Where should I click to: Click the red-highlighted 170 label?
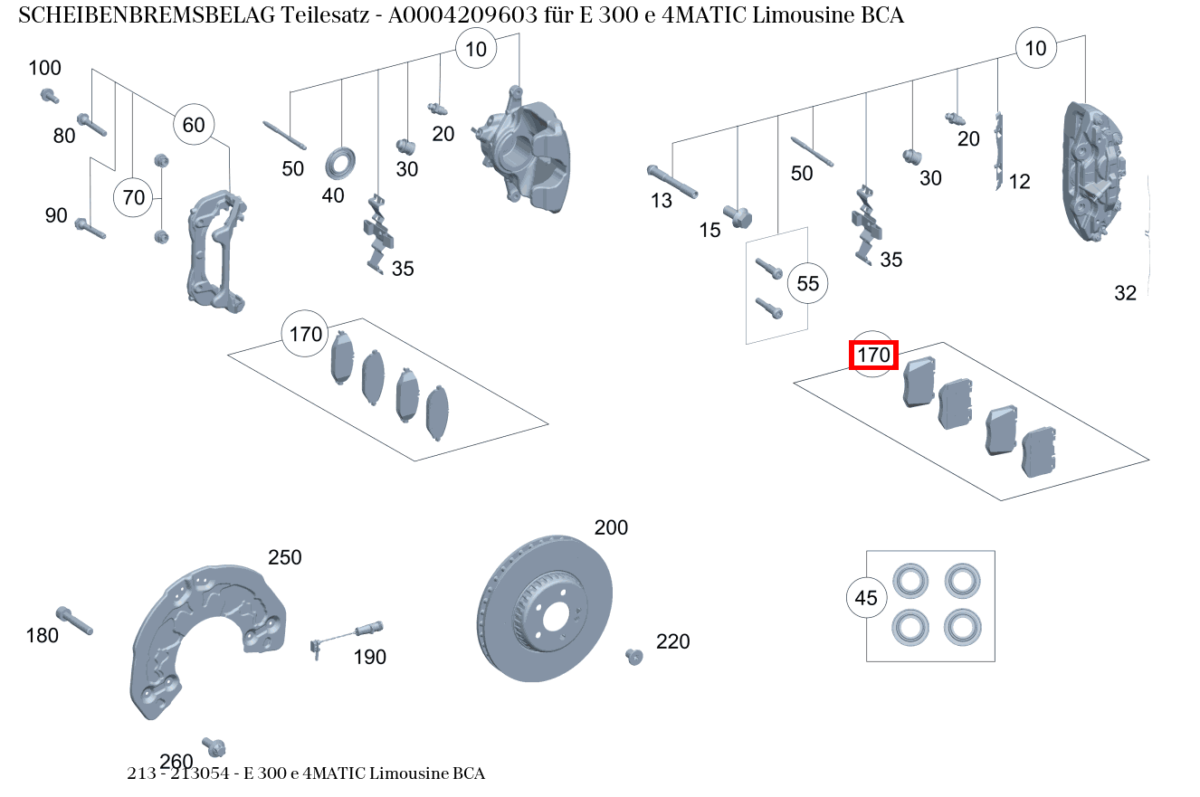[x=873, y=356]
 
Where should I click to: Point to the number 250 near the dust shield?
[x=284, y=557]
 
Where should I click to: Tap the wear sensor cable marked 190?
[x=348, y=633]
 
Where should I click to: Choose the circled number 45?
[x=866, y=598]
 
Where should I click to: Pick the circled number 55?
[x=807, y=284]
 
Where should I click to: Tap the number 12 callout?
[x=1019, y=182]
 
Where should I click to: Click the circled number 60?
[x=194, y=125]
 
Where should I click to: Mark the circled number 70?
[x=133, y=197]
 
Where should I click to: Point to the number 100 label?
[x=45, y=68]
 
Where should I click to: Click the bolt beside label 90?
[x=90, y=227]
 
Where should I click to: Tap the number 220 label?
[x=672, y=641]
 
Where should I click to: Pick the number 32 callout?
[x=1125, y=293]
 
